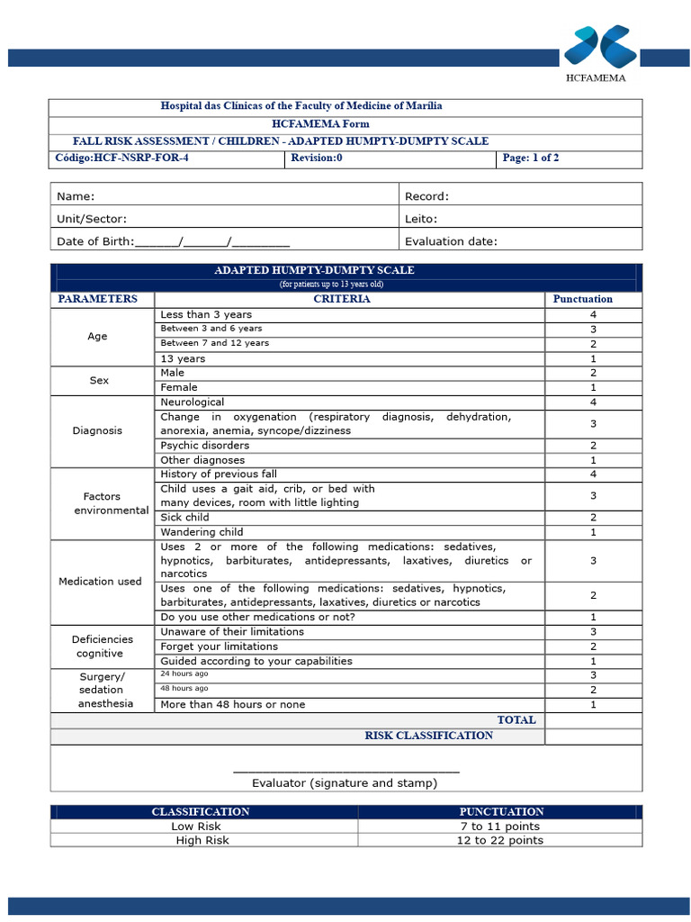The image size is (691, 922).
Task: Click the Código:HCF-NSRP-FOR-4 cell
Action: pos(123,158)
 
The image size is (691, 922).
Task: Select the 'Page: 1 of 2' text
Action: pos(531,158)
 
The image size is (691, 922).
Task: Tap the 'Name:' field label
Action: pos(76,196)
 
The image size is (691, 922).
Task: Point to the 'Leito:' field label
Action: pos(421,219)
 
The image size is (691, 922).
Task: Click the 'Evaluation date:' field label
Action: pos(451,241)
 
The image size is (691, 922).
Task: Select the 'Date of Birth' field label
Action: pos(94,241)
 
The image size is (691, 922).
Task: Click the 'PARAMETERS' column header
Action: pos(98,299)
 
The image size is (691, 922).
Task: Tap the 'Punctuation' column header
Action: pos(582,299)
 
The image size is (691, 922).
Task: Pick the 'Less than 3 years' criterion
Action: pos(206,314)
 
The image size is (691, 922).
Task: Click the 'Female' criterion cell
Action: pos(179,387)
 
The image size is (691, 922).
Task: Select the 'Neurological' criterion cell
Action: pos(193,402)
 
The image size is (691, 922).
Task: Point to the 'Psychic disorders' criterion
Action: pos(205,446)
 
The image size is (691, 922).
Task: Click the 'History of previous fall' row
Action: pos(219,474)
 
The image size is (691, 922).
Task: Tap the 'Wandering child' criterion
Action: pos(202,532)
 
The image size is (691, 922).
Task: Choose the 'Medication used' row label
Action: pos(100,582)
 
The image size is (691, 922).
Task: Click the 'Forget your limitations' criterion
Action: pos(219,646)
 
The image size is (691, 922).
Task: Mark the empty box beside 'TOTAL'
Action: pos(593,720)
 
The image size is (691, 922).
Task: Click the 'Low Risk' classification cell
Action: pos(196,827)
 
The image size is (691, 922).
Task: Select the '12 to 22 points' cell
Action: pos(499,841)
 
